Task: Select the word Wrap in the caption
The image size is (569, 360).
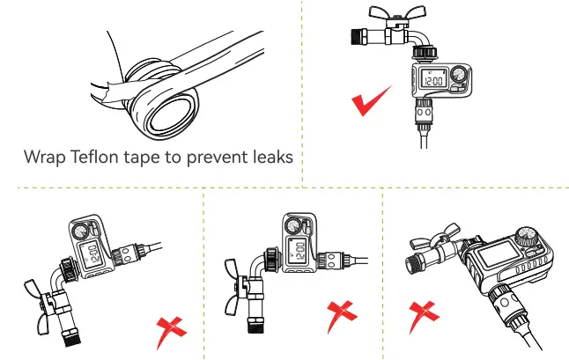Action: click(45, 158)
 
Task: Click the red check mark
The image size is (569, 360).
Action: click(371, 101)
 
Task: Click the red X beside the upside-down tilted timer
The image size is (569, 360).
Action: click(171, 330)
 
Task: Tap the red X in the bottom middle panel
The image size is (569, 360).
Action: click(341, 315)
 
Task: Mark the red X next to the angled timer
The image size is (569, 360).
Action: click(423, 315)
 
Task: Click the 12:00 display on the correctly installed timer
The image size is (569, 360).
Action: click(433, 81)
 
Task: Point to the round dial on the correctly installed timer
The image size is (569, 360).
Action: click(459, 74)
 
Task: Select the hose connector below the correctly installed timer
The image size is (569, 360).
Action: click(423, 115)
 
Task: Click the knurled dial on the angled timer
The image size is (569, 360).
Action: click(526, 237)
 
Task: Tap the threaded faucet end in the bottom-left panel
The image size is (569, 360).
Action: click(72, 337)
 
